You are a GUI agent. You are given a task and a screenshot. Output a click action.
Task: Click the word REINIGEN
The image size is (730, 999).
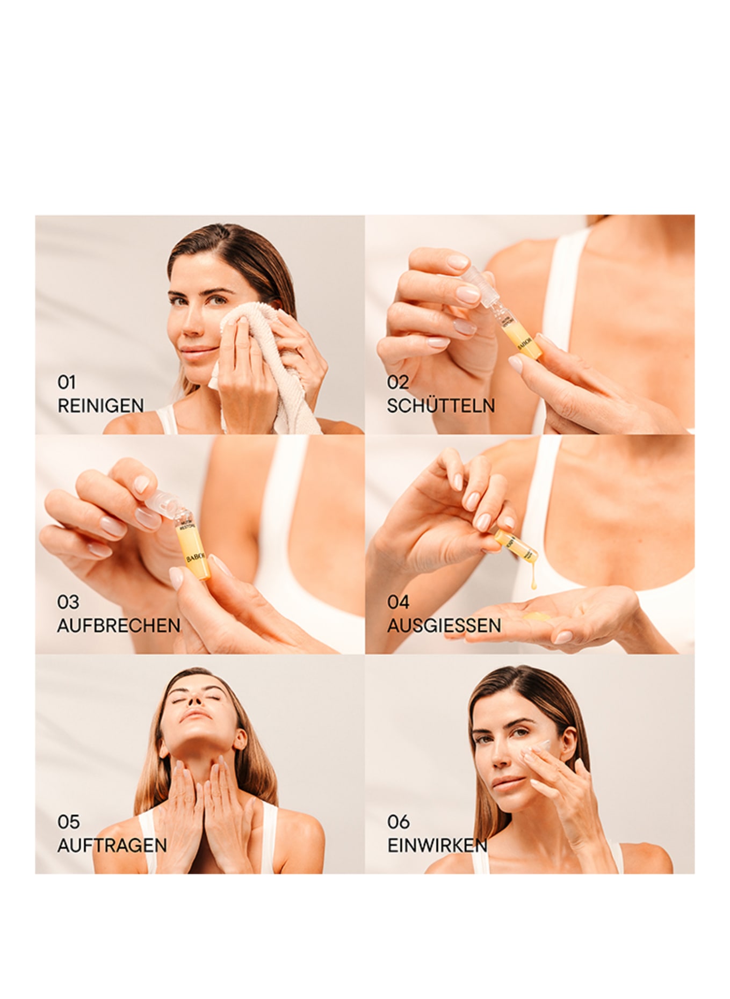pyautogui.click(x=100, y=406)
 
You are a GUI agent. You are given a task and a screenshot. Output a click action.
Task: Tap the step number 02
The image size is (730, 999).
pyautogui.click(x=398, y=382)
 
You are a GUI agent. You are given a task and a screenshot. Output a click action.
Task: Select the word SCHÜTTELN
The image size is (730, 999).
pyautogui.click(x=440, y=406)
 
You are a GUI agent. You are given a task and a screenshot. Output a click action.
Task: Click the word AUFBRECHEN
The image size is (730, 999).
pyautogui.click(x=119, y=626)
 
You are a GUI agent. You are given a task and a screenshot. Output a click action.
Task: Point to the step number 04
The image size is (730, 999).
pyautogui.click(x=398, y=602)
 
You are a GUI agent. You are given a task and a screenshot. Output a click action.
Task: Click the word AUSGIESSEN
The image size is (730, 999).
pyautogui.click(x=444, y=626)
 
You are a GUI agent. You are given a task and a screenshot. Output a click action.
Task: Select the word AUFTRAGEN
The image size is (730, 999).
pyautogui.click(x=112, y=845)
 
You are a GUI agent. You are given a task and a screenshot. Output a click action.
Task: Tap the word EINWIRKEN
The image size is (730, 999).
pyautogui.click(x=437, y=845)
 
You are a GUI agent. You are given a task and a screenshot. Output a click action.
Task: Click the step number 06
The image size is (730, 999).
pyautogui.click(x=398, y=822)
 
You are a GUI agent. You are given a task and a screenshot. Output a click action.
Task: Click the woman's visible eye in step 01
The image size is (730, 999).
pyautogui.click(x=218, y=300)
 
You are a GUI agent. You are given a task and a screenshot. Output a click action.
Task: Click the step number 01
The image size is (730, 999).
pyautogui.click(x=67, y=382)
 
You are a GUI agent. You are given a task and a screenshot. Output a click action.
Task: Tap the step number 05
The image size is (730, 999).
pyautogui.click(x=68, y=822)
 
